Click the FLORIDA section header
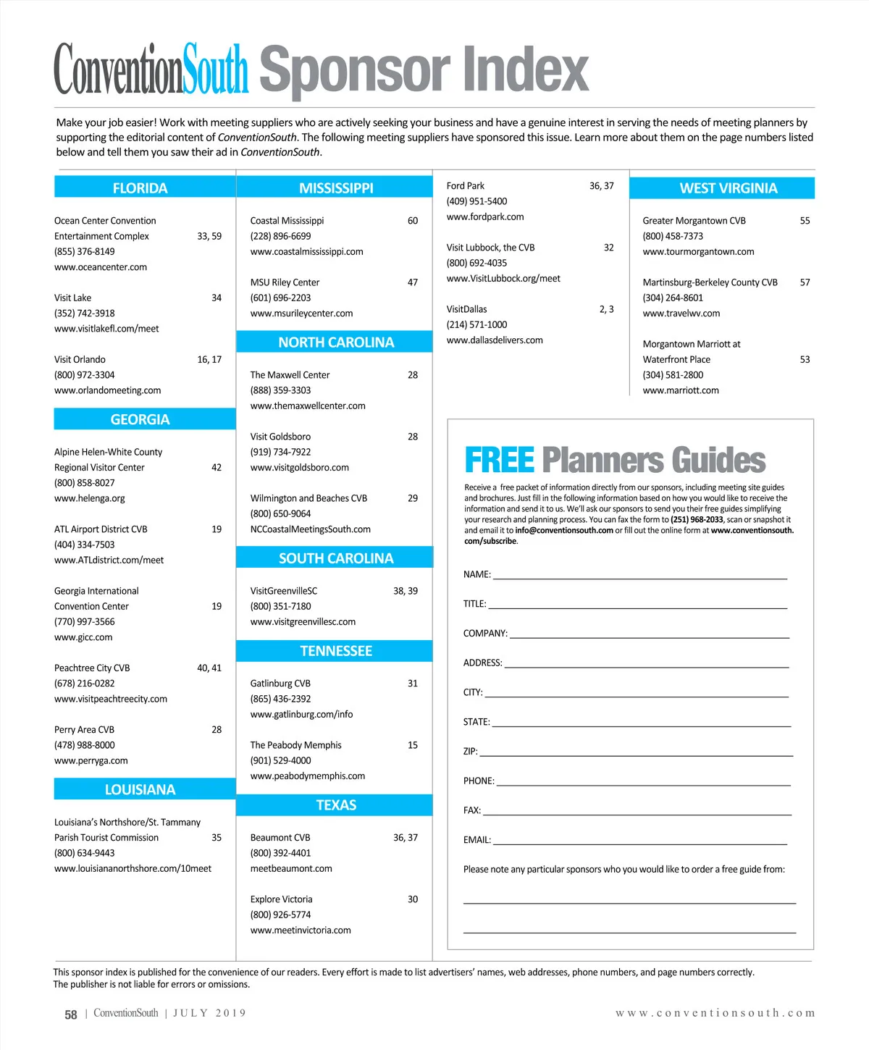click(140, 188)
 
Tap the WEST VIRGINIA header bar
click(728, 188)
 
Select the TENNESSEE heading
click(336, 651)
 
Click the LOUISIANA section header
click(140, 789)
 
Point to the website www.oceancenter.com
click(101, 267)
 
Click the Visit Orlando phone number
click(84, 375)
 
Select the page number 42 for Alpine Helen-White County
click(217, 468)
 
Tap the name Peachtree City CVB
click(92, 668)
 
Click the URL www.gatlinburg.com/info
click(301, 714)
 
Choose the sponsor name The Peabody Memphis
click(295, 745)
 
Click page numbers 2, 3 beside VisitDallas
click(606, 309)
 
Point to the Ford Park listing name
click(465, 186)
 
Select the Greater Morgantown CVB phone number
click(673, 236)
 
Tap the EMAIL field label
click(477, 840)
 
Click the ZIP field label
click(470, 752)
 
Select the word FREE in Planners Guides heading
click(499, 461)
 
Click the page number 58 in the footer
click(71, 1015)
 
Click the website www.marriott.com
click(681, 390)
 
